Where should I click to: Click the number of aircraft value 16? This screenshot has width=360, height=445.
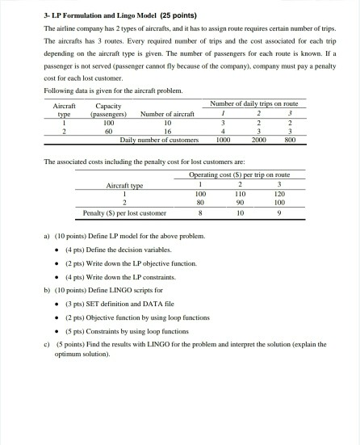(x=168, y=130)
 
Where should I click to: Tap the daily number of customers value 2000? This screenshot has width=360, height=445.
(x=257, y=139)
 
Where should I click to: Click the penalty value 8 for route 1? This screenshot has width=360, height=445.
(x=201, y=214)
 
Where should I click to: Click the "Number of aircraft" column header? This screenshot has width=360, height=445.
(x=168, y=114)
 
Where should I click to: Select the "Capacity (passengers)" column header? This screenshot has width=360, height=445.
(x=108, y=110)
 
